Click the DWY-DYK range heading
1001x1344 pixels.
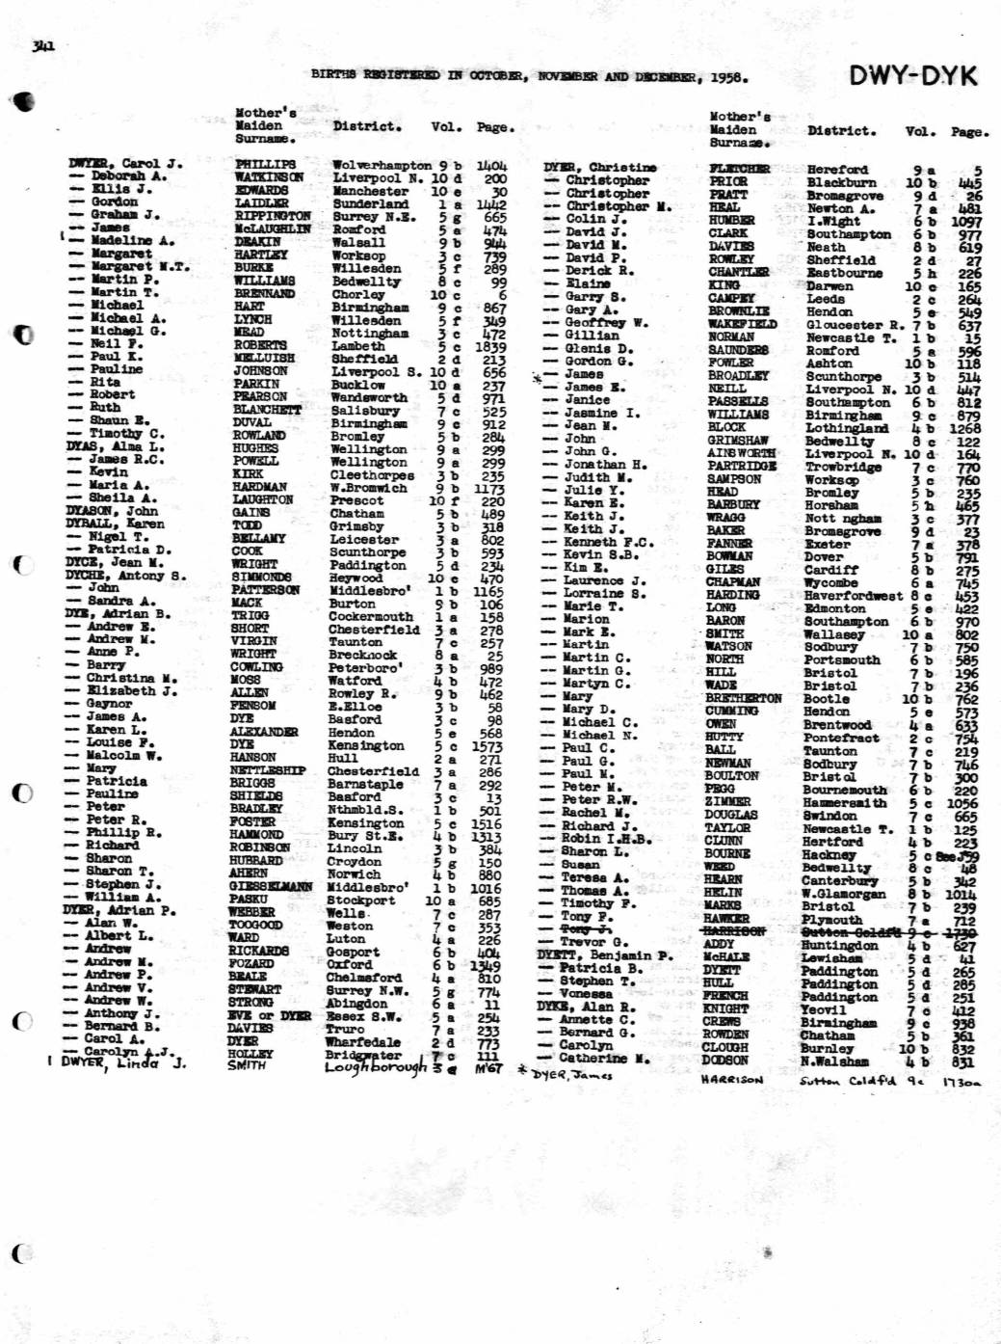tap(912, 75)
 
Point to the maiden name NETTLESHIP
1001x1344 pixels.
tap(268, 769)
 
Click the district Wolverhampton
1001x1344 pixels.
tap(382, 165)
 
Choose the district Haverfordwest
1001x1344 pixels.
tap(853, 596)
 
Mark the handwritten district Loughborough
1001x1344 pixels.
tap(377, 1067)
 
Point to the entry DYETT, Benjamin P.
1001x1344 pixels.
tap(605, 955)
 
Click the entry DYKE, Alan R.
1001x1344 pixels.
tap(586, 1007)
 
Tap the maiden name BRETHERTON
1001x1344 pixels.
tap(743, 698)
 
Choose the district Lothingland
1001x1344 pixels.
tap(847, 428)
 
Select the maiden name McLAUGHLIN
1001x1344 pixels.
tap(273, 228)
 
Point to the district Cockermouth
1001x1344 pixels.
tap(371, 616)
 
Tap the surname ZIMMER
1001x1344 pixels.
tap(727, 801)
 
